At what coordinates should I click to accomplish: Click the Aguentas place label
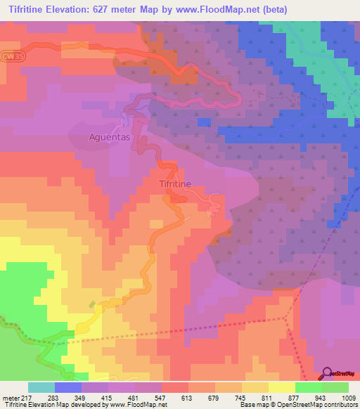pyautogui.click(x=110, y=138)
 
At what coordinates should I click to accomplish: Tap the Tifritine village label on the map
pyautogui.click(x=171, y=183)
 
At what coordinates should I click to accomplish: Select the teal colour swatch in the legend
pyautogui.click(x=41, y=388)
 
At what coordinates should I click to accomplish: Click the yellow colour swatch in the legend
pyautogui.click(x=282, y=388)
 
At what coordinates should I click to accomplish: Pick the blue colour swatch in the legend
pyautogui.click(x=68, y=388)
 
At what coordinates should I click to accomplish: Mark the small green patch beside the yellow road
pyautogui.click(x=91, y=304)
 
